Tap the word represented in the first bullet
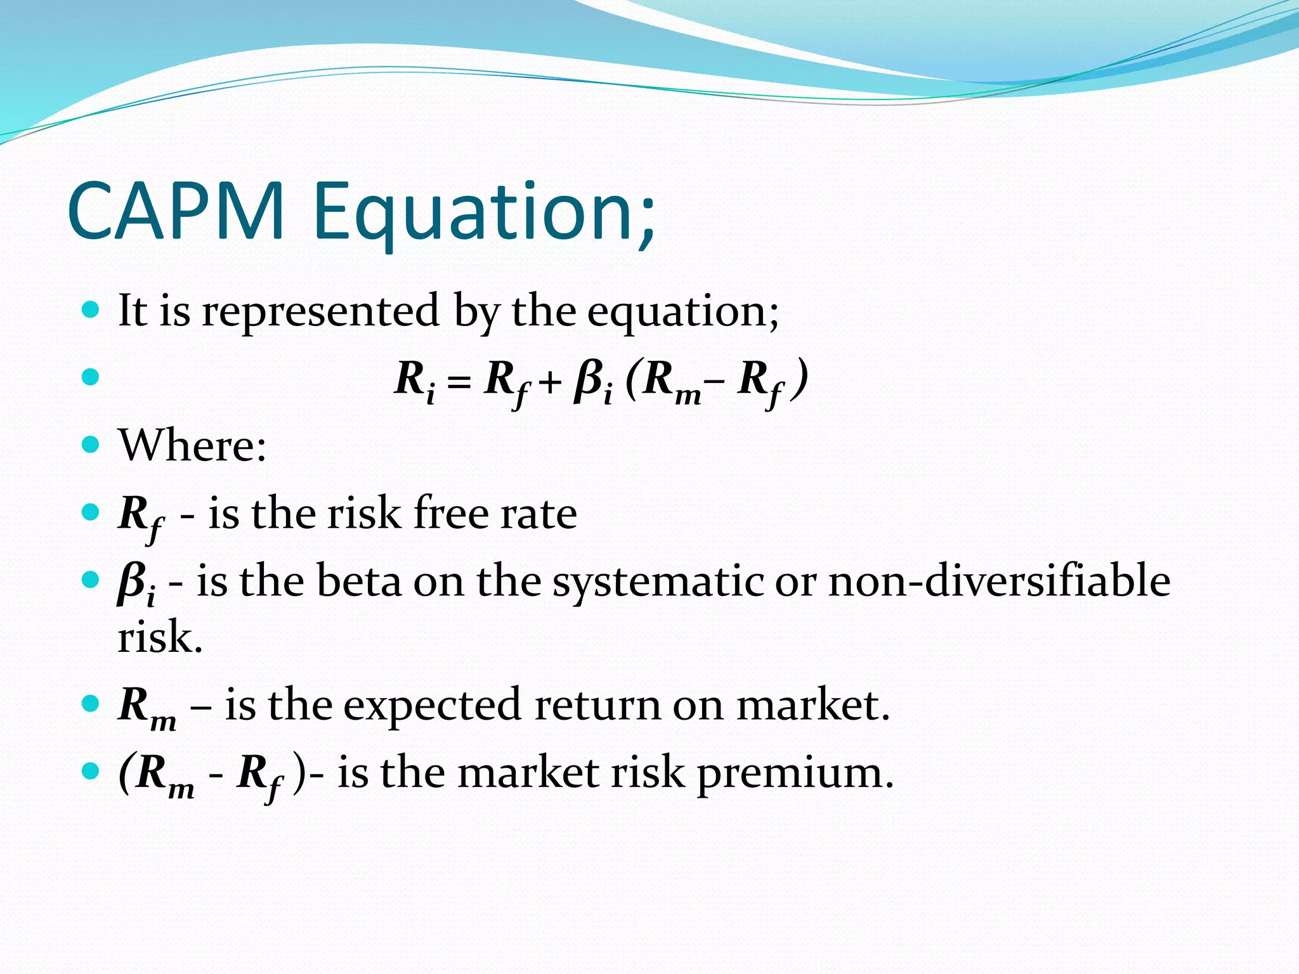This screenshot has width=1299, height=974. pyautogui.click(x=320, y=311)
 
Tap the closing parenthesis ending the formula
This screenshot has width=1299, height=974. pyautogui.click(x=802, y=378)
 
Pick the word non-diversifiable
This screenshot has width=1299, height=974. pyautogui.click(x=999, y=581)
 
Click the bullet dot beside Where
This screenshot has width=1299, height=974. pyautogui.click(x=91, y=444)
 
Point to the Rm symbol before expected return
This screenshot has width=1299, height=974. pyautogui.click(x=147, y=708)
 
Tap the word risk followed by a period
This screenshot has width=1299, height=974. pyautogui.click(x=159, y=638)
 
